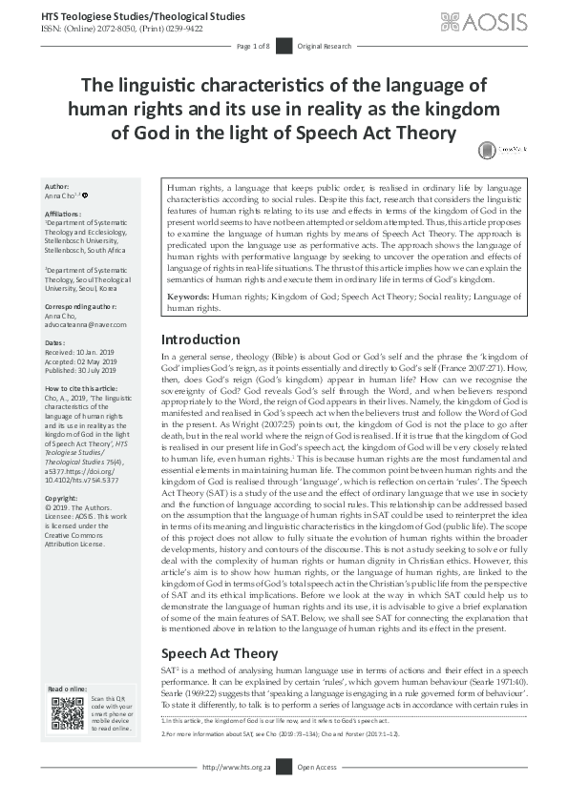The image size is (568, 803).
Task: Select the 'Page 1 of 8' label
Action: (x=254, y=46)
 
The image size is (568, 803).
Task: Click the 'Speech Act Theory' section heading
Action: (x=219, y=627)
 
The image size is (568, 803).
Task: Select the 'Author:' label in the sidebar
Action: (x=57, y=186)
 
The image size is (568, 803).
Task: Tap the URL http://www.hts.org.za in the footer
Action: (x=235, y=793)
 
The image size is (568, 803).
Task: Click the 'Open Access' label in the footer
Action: (x=319, y=793)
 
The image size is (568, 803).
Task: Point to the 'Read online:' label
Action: (x=70, y=689)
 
